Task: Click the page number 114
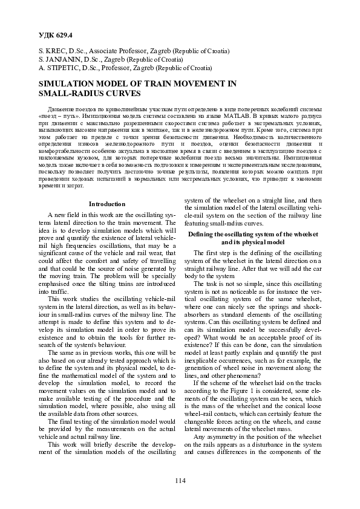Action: (180, 481)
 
